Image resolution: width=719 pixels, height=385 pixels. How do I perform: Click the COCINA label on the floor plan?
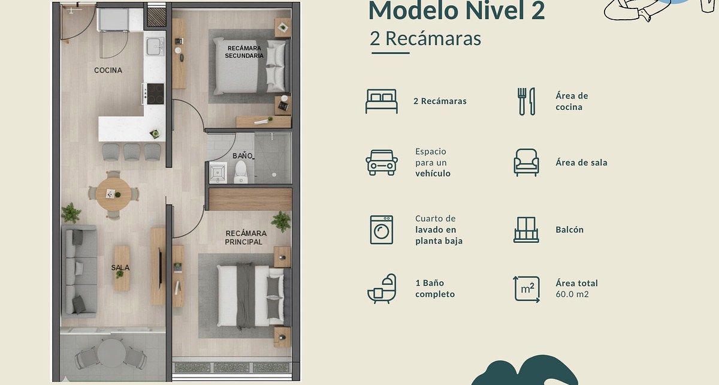(x=108, y=70)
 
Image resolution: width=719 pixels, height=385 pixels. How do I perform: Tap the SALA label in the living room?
(x=120, y=267)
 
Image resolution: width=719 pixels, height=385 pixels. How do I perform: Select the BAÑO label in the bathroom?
(x=243, y=156)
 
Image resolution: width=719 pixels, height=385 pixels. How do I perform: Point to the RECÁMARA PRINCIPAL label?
(x=246, y=237)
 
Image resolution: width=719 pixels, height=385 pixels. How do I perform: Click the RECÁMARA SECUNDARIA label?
(x=244, y=52)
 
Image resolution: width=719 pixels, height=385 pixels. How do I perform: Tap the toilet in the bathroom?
(x=241, y=172)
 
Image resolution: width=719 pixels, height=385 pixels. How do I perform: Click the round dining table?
(x=114, y=194)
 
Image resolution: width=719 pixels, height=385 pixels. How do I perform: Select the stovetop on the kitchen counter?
(x=155, y=94)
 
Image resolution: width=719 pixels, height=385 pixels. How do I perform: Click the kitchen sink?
(x=155, y=47)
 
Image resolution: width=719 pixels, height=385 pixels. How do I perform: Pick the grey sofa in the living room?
(x=79, y=271)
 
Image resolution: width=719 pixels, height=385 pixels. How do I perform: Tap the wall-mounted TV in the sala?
(x=160, y=267)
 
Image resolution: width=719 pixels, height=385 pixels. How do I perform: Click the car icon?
(x=382, y=163)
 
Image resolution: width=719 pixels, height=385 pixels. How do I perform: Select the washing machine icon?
(x=381, y=230)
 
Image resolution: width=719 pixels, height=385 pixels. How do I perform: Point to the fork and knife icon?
(x=527, y=101)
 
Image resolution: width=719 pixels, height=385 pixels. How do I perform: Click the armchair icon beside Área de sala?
(x=526, y=163)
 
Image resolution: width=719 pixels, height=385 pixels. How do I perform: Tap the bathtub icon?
(x=382, y=288)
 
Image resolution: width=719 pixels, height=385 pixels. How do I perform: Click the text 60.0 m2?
(x=572, y=294)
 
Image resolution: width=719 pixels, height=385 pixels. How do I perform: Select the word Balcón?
(x=570, y=230)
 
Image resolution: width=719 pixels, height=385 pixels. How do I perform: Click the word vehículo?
(x=433, y=173)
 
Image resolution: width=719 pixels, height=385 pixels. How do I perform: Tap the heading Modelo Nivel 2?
(x=457, y=10)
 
